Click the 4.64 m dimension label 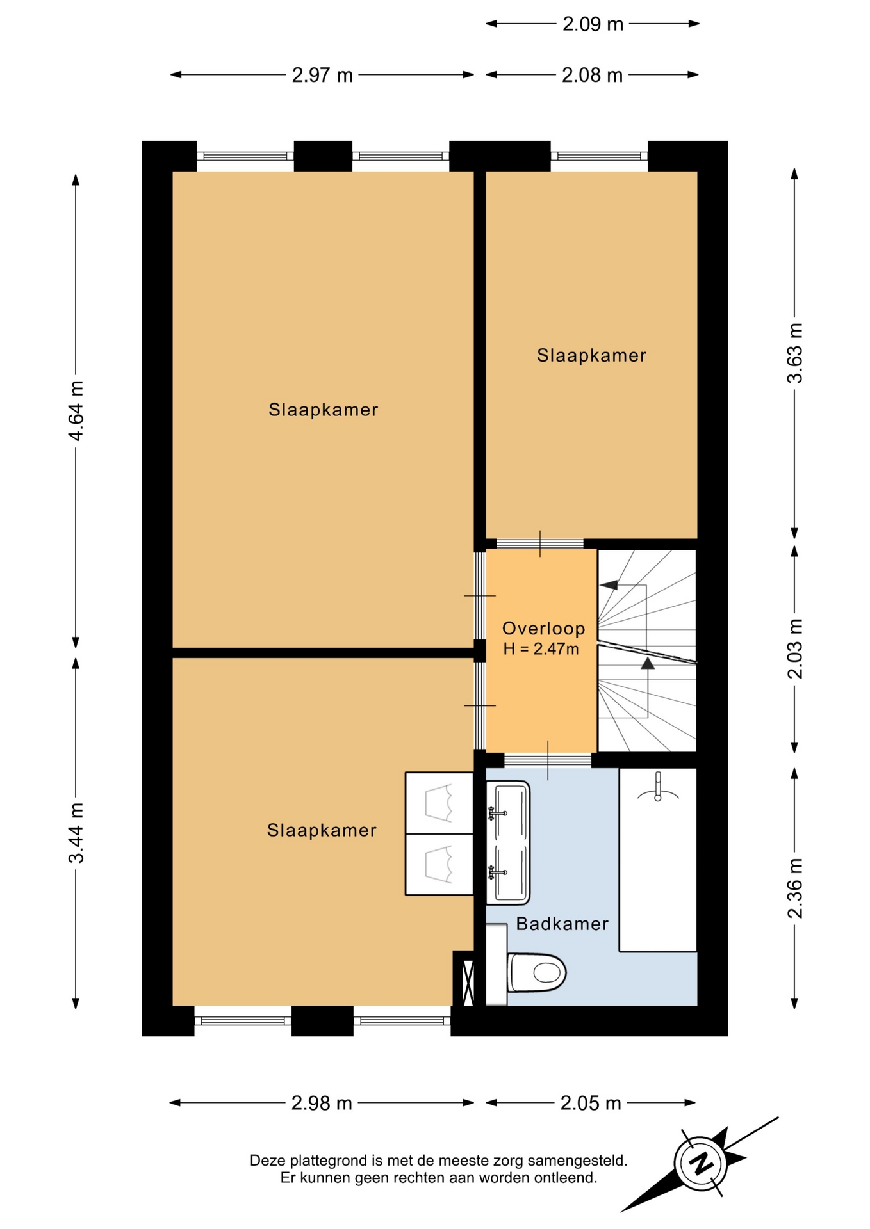(76, 410)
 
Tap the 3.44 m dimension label (76, 832)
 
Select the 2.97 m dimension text (322, 76)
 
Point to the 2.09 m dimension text (593, 24)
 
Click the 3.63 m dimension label (794, 353)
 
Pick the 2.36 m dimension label (794, 888)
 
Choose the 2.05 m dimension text (591, 1103)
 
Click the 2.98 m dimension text (322, 1103)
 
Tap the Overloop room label (543, 629)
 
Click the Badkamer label (562, 924)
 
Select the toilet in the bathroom (536, 972)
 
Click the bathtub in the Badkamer (657, 860)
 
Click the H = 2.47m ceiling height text (541, 649)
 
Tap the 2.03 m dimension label (794, 648)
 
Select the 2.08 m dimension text (592, 76)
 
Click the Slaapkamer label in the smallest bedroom (591, 355)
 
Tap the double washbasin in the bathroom (508, 842)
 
